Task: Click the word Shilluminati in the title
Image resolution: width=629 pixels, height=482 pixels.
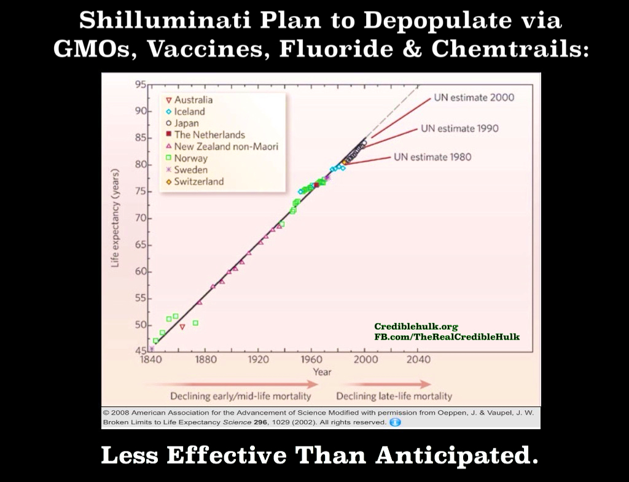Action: pyautogui.click(x=165, y=20)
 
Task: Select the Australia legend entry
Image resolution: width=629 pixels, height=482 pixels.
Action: pyautogui.click(x=189, y=100)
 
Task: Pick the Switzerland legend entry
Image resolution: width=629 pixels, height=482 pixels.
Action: pyautogui.click(x=195, y=182)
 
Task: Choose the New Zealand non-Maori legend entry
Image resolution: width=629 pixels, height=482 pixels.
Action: pyautogui.click(x=222, y=146)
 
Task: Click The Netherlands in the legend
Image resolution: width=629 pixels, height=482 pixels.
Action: pyautogui.click(x=205, y=134)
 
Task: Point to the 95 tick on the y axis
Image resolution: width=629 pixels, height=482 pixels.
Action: pyautogui.click(x=141, y=84)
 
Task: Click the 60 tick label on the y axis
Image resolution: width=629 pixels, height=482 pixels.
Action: pyautogui.click(x=141, y=271)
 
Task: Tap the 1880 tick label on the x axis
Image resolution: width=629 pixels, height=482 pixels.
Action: pyautogui.click(x=205, y=359)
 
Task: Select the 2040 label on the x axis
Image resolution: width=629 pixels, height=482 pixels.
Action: pyautogui.click(x=418, y=359)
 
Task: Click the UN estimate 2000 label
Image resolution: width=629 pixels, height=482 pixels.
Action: pyautogui.click(x=474, y=98)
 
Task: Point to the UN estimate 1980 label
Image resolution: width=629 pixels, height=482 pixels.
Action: pyautogui.click(x=432, y=157)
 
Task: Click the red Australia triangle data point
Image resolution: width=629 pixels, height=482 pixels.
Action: pyautogui.click(x=182, y=327)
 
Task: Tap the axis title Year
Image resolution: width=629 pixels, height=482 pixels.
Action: pyautogui.click(x=322, y=371)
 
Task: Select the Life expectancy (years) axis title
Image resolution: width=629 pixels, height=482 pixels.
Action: pyautogui.click(x=115, y=218)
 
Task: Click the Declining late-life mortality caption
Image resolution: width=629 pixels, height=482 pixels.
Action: pyautogui.click(x=394, y=396)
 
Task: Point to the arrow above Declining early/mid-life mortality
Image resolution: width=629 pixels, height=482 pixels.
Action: pyautogui.click(x=231, y=384)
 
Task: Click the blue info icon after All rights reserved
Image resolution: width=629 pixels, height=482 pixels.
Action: pyautogui.click(x=395, y=422)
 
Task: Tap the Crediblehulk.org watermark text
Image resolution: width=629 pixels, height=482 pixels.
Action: pyautogui.click(x=416, y=327)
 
